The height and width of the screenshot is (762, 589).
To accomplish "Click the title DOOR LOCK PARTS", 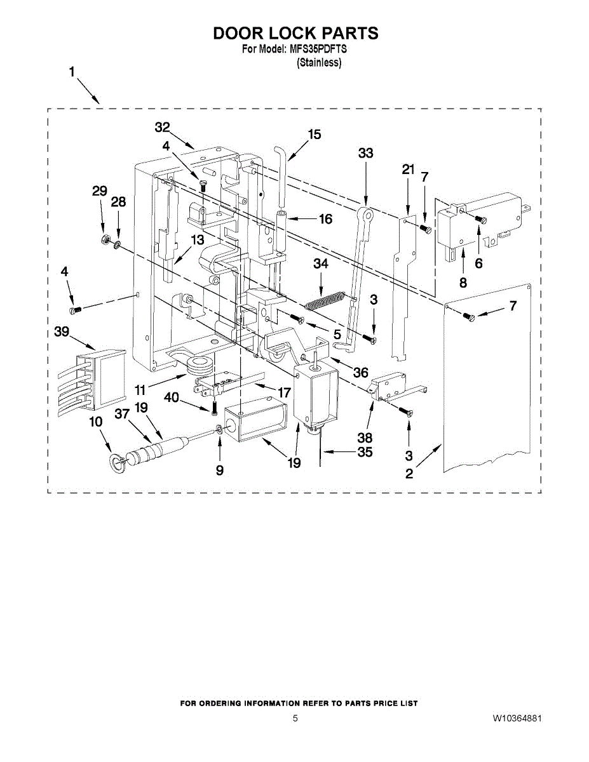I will tap(295, 33).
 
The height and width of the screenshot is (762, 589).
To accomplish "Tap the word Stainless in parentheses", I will tap(319, 63).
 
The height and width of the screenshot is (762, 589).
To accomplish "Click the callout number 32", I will tap(163, 127).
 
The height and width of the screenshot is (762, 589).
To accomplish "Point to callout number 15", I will tap(315, 134).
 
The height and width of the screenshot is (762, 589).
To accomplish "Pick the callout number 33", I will tap(365, 153).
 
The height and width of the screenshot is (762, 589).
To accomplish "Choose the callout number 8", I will tap(463, 283).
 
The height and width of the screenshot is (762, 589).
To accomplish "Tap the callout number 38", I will tap(365, 438).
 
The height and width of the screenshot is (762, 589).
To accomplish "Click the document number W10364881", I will tap(517, 719).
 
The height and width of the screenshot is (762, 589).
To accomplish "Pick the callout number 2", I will tap(409, 474).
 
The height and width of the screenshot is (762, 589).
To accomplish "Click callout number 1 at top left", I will tap(72, 73).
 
